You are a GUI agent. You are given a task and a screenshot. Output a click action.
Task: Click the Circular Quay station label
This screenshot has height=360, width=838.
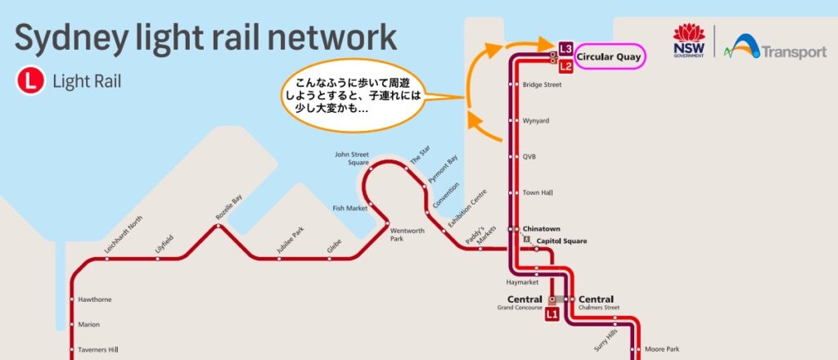pos(608,57)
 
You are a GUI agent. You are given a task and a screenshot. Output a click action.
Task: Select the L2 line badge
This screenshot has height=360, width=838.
pos(565,65)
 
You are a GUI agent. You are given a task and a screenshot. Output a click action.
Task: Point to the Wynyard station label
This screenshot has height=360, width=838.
pos(535,121)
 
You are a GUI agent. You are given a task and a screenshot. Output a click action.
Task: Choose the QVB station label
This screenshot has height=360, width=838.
pos(529,156)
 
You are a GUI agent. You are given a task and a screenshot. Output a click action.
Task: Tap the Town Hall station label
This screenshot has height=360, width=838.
pos(538,192)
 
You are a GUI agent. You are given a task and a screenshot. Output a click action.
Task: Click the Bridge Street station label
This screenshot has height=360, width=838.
pos(542,85)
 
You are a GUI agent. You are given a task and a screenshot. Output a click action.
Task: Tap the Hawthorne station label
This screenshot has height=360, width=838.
pos(96,299)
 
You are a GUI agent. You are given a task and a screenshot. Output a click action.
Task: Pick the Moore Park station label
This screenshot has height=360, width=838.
pos(661,349)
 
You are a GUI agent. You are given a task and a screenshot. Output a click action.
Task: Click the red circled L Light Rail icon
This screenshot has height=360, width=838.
pos(30,81)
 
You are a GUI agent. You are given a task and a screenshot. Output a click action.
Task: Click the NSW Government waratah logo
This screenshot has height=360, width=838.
pos(688,39)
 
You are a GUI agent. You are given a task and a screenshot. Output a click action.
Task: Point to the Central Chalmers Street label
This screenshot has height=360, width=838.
pos(597,303)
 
